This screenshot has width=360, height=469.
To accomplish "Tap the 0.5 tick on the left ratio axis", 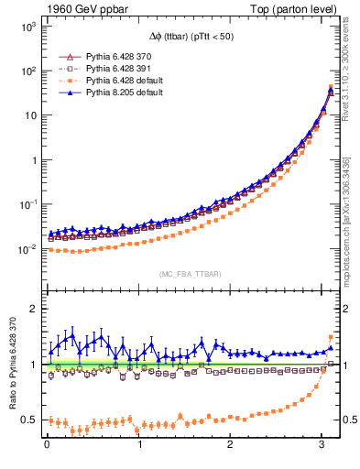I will click(27, 420).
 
